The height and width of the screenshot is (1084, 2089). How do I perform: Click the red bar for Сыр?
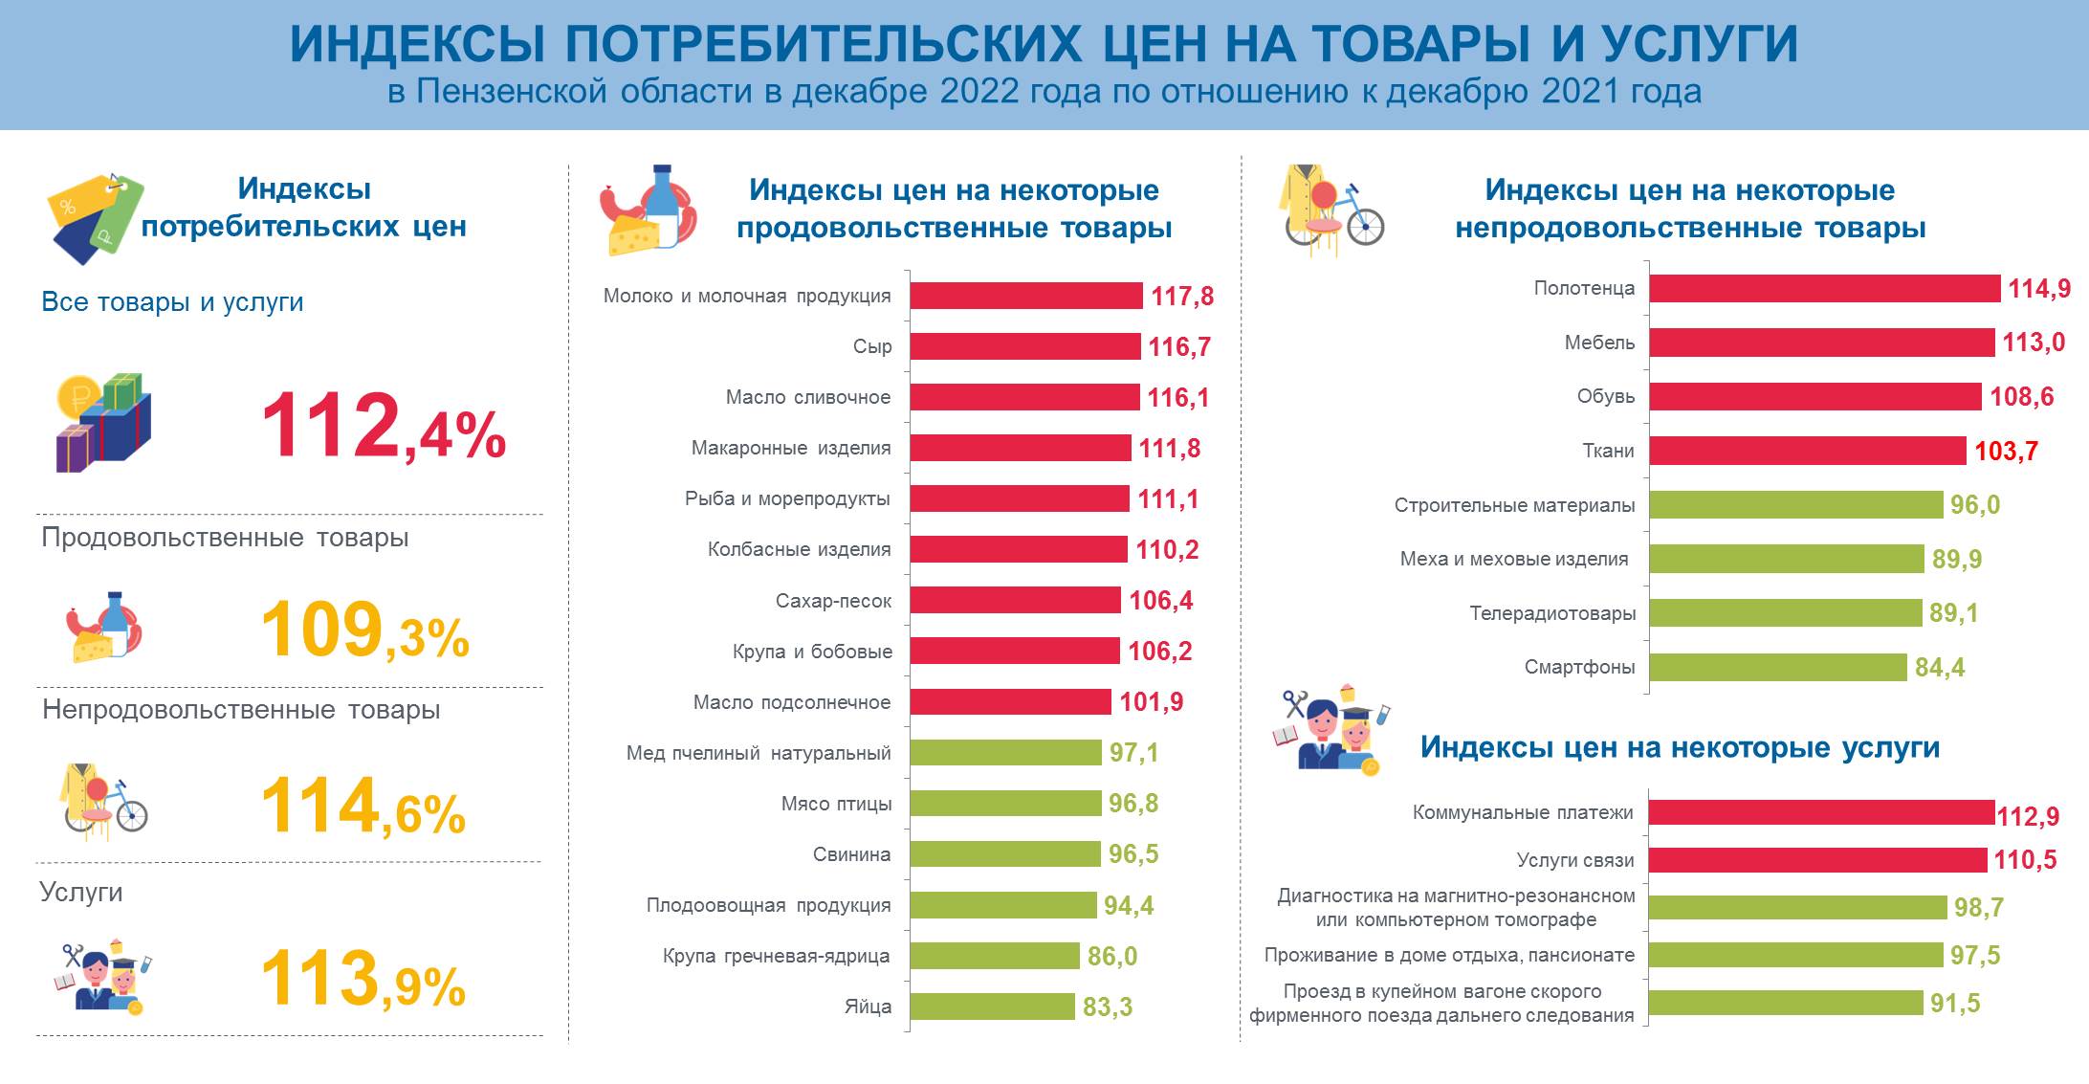1024,346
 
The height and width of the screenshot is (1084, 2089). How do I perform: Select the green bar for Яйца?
992,1007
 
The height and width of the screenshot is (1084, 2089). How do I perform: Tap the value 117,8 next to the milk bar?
1181,297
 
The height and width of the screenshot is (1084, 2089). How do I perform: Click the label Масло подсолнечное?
791,702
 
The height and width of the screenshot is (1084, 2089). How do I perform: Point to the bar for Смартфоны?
1777,667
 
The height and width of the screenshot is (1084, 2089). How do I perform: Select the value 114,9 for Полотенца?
2038,289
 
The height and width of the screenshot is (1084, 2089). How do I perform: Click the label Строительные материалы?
1514,505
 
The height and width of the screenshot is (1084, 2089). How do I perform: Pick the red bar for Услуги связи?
1817,860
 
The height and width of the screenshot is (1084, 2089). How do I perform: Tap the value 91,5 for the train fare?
1954,1004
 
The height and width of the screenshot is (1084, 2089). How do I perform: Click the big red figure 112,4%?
383,427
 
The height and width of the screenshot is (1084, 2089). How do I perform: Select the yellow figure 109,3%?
364,631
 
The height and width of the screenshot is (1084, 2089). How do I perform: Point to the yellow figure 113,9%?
363,980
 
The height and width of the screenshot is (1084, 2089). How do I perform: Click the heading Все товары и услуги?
172,302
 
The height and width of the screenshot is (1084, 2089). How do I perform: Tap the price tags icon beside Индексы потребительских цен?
94,218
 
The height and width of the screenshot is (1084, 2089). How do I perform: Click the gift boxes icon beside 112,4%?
102,422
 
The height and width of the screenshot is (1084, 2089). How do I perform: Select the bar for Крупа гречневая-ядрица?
994,956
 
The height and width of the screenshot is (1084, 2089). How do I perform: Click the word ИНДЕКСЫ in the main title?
417,43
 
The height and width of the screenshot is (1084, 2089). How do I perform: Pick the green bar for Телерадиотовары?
1785,613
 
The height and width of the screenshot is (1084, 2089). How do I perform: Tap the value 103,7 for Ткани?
2006,451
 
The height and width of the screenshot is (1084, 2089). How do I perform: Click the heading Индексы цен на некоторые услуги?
1680,747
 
